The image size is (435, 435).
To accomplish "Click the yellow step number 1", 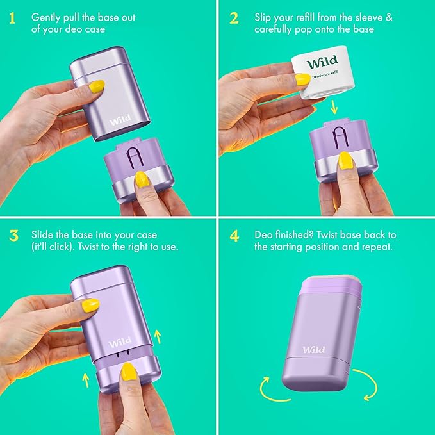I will tap(11, 18).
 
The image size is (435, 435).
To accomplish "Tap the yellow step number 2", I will tap(234, 18).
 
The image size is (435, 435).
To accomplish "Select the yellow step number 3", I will tap(13, 235).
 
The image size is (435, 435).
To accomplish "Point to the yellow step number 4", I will tap(234, 235).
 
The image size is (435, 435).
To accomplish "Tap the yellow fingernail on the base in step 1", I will tap(142, 179).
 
